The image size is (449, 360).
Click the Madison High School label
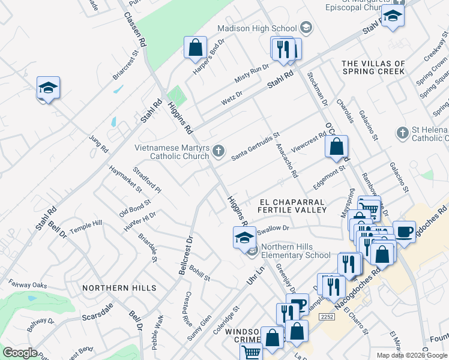click(257, 28)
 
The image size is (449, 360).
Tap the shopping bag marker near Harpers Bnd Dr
click(195, 47)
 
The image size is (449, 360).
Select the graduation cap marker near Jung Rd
click(48, 88)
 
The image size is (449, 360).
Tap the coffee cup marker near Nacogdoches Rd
click(404, 231)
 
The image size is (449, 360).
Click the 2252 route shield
click(327, 317)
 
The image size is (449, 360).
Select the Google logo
click(20, 352)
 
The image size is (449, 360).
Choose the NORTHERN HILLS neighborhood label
click(115, 288)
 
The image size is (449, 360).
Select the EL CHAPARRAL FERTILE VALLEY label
click(292, 206)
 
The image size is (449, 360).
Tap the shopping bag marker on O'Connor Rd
click(337, 146)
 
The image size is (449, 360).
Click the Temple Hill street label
click(86, 226)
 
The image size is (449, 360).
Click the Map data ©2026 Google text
click(412, 355)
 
